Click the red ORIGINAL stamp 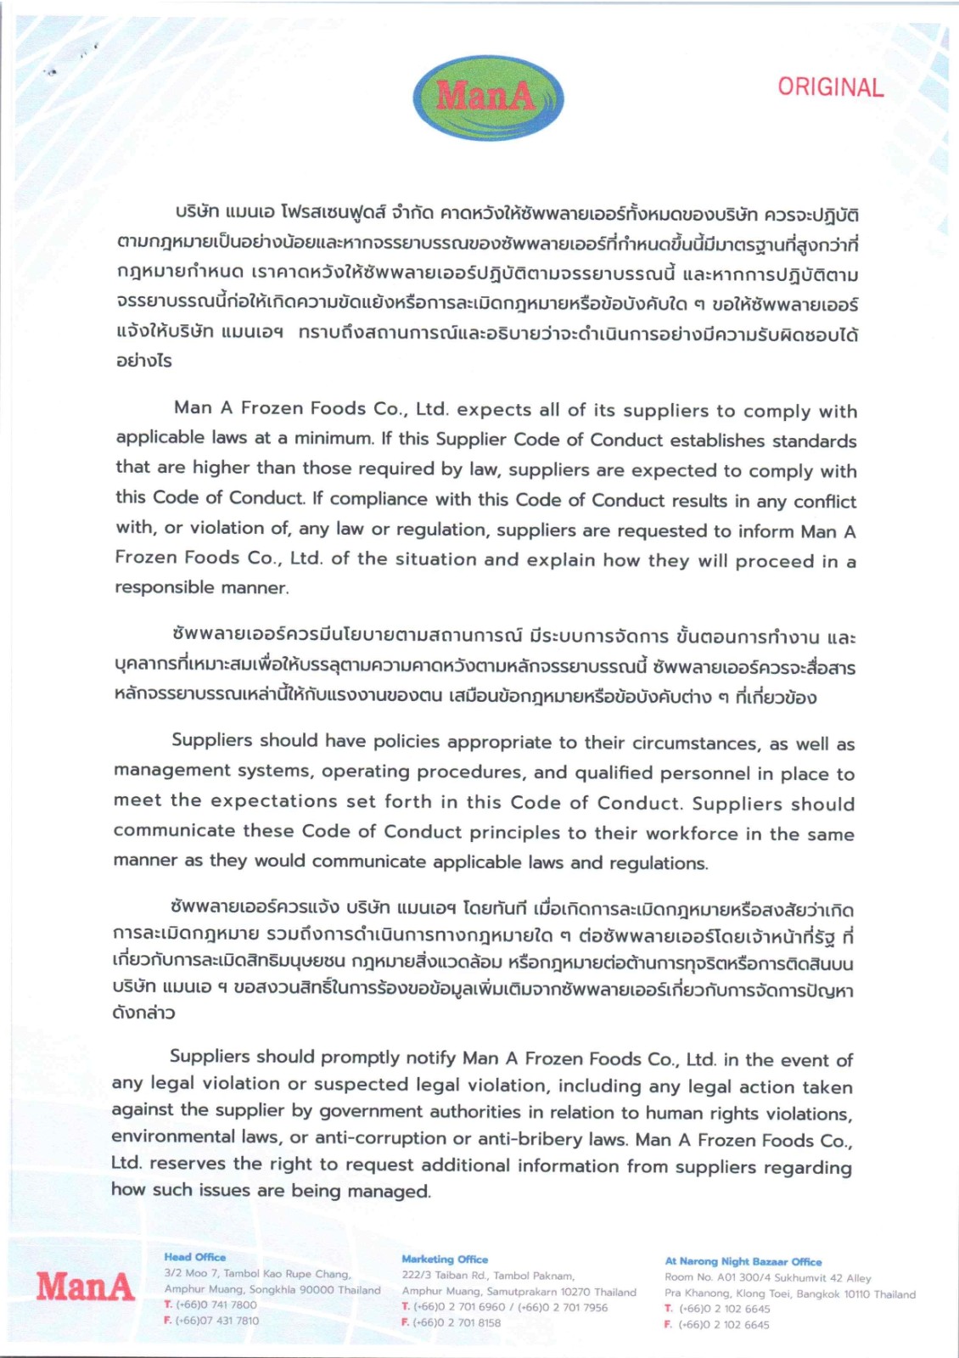click(x=830, y=87)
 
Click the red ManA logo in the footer click(x=85, y=1288)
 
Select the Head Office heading click(x=195, y=1257)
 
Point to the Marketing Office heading click(x=445, y=1260)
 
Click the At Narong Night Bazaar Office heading click(x=743, y=1262)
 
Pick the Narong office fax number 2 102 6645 click(x=725, y=1325)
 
